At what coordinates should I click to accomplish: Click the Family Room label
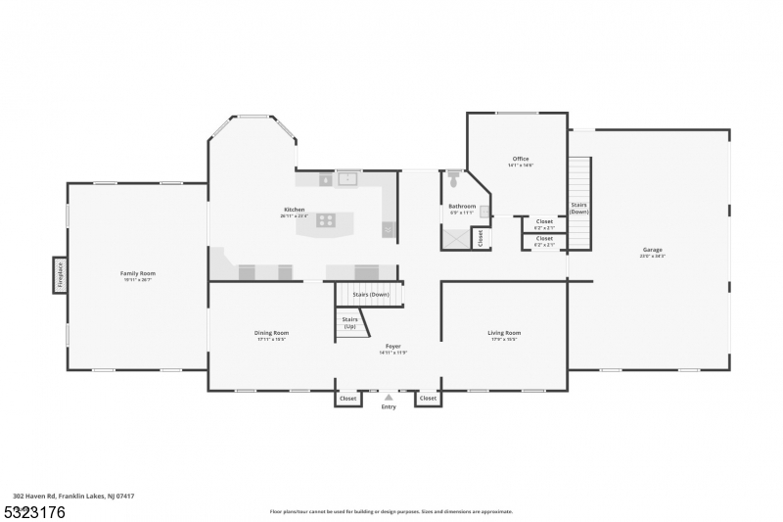click(137, 273)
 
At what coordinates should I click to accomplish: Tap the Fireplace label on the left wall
click(60, 274)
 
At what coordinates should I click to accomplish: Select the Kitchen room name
click(294, 210)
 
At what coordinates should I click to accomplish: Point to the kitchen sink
click(346, 179)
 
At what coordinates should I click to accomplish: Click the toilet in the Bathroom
click(453, 180)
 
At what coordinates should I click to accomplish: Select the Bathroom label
click(462, 207)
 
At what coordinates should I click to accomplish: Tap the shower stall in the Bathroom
click(455, 237)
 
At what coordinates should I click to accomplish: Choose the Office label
click(520, 159)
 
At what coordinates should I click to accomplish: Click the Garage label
click(652, 250)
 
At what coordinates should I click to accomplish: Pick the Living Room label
click(504, 333)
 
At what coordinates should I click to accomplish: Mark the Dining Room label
click(271, 333)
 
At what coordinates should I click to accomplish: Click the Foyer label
click(392, 346)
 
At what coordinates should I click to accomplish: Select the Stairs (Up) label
click(349, 322)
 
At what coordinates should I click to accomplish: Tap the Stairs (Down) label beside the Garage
click(578, 208)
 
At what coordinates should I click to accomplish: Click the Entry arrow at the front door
click(389, 397)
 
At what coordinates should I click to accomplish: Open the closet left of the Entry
click(347, 399)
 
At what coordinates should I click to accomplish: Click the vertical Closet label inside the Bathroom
click(480, 238)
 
